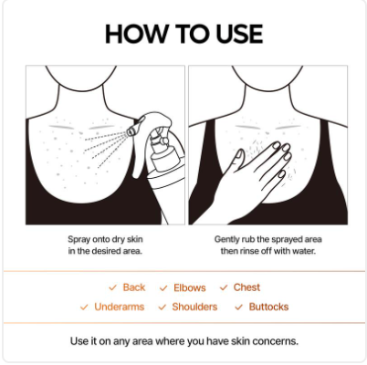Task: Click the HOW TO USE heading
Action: [183, 35]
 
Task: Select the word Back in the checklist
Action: [134, 287]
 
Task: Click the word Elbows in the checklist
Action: [189, 287]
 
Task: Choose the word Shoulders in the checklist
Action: [194, 307]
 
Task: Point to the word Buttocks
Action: [268, 307]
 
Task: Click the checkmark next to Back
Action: [113, 287]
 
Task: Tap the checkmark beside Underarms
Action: [85, 307]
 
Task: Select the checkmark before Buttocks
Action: [239, 307]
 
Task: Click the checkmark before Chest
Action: [225, 287]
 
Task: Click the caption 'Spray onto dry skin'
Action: [106, 239]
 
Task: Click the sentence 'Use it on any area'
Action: [183, 341]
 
